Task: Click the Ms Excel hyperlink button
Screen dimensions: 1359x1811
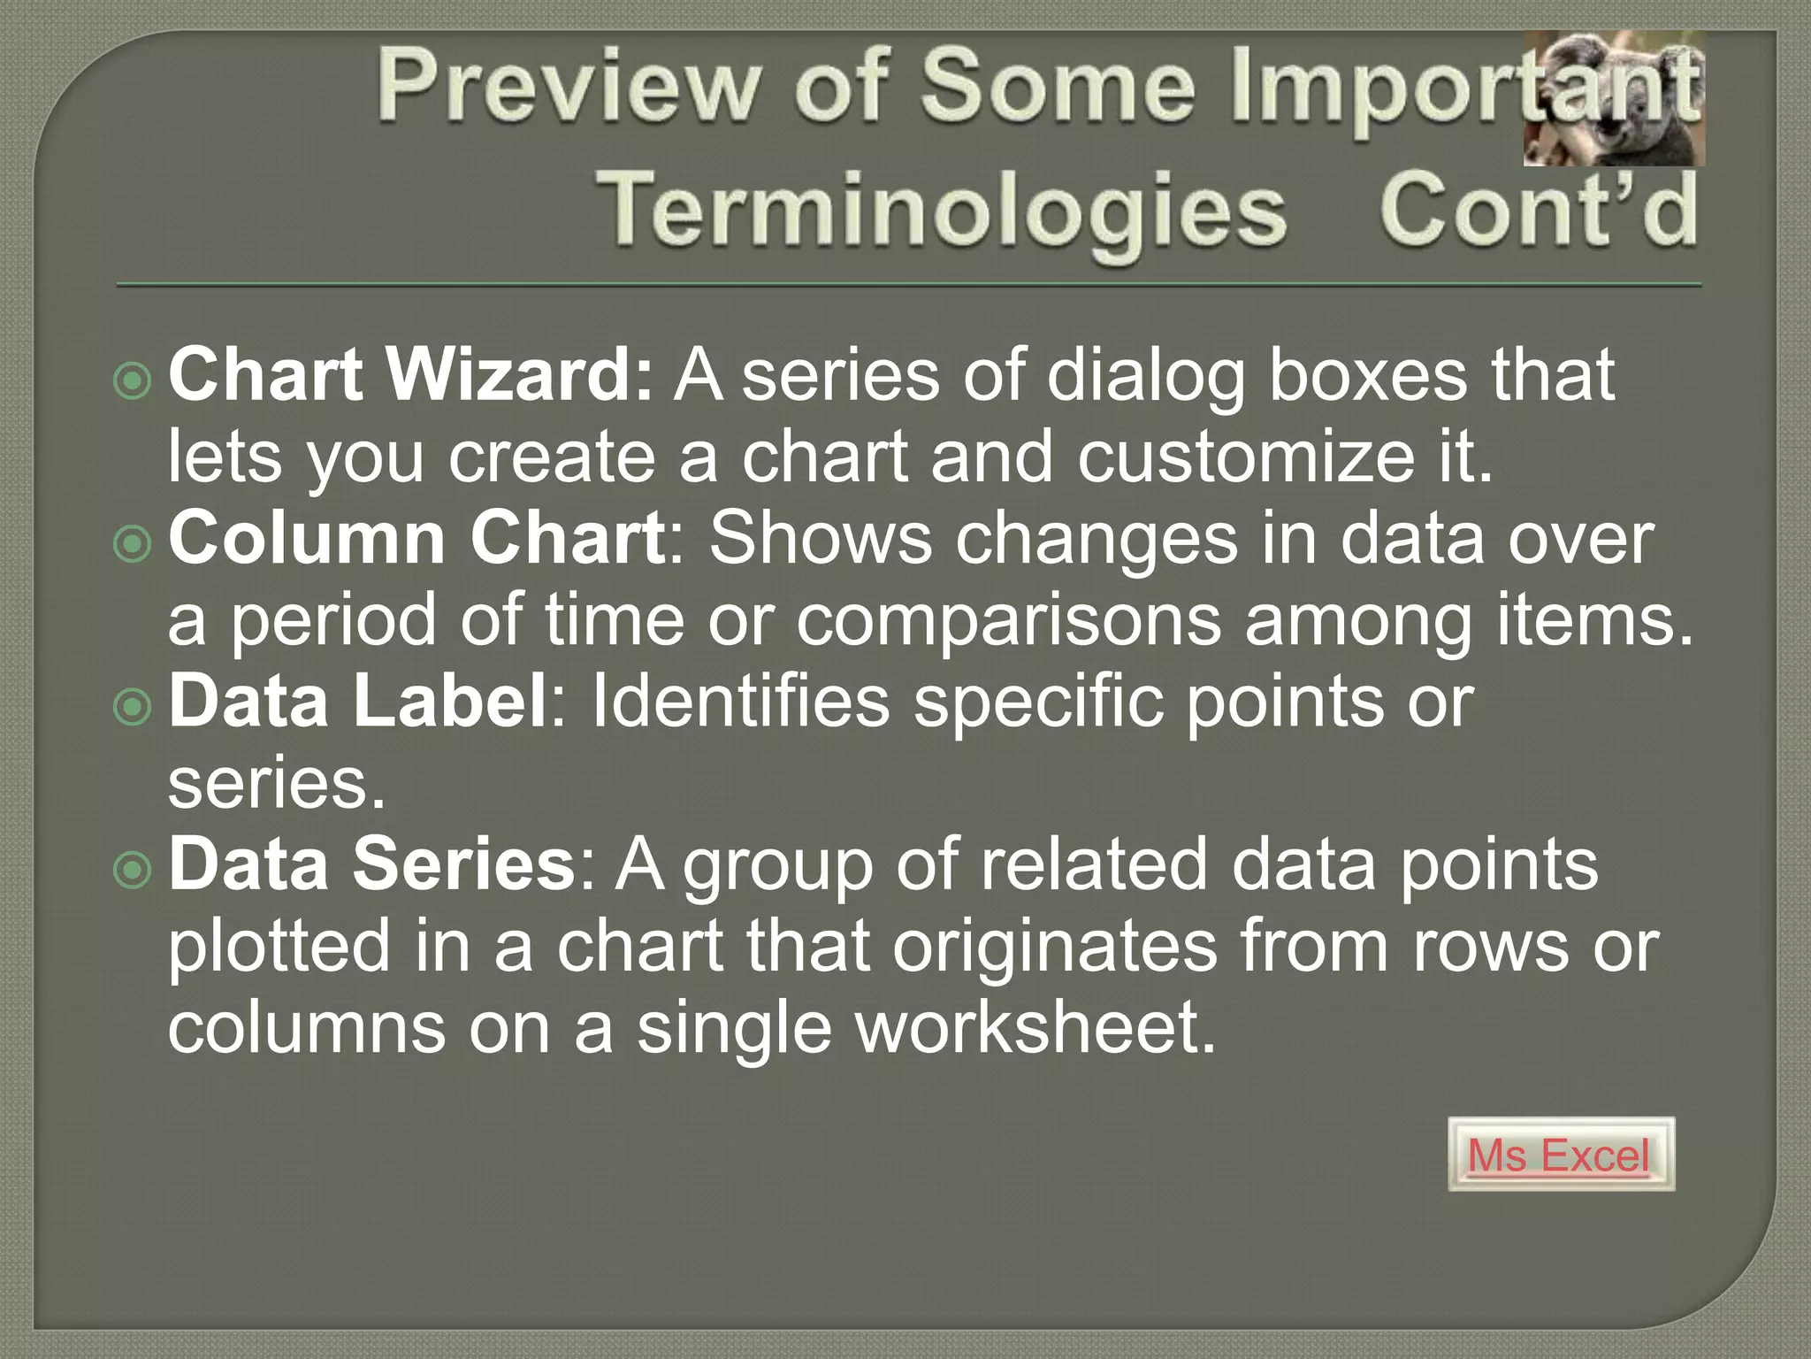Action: [1561, 1155]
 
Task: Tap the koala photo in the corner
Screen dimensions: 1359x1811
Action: [1614, 99]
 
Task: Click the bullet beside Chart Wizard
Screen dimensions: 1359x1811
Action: [134, 381]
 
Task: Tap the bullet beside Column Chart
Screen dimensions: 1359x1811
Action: [134, 544]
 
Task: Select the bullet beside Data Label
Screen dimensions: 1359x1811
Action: [134, 707]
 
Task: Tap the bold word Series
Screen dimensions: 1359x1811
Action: [464, 864]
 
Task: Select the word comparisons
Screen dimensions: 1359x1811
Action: [1009, 621]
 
